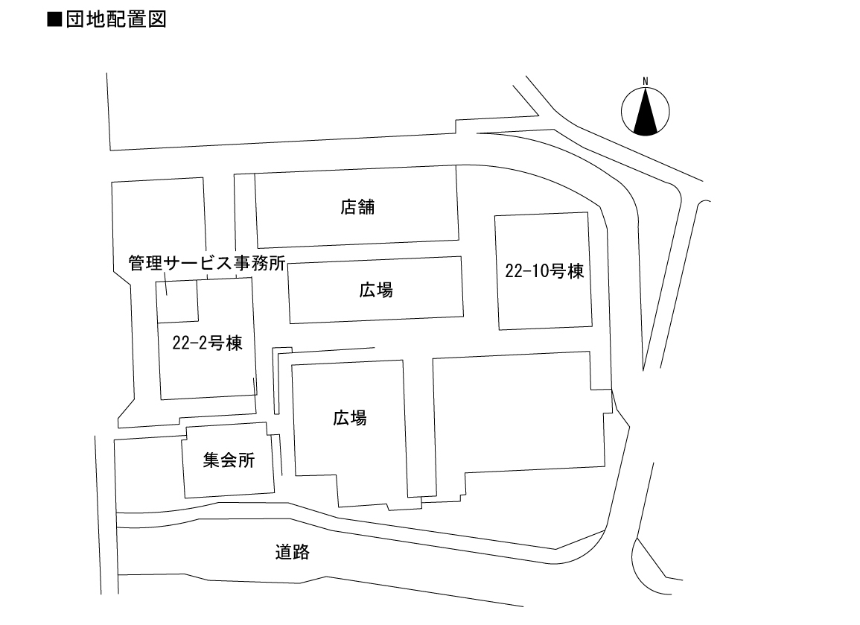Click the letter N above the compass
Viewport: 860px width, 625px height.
(646, 81)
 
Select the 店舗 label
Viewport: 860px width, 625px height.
(357, 207)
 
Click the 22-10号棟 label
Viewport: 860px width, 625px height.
(544, 273)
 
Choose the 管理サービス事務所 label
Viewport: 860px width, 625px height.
(207, 263)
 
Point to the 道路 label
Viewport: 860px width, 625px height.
(292, 553)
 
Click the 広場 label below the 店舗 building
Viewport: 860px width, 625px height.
(375, 291)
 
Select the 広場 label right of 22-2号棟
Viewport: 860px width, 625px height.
(349, 418)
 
